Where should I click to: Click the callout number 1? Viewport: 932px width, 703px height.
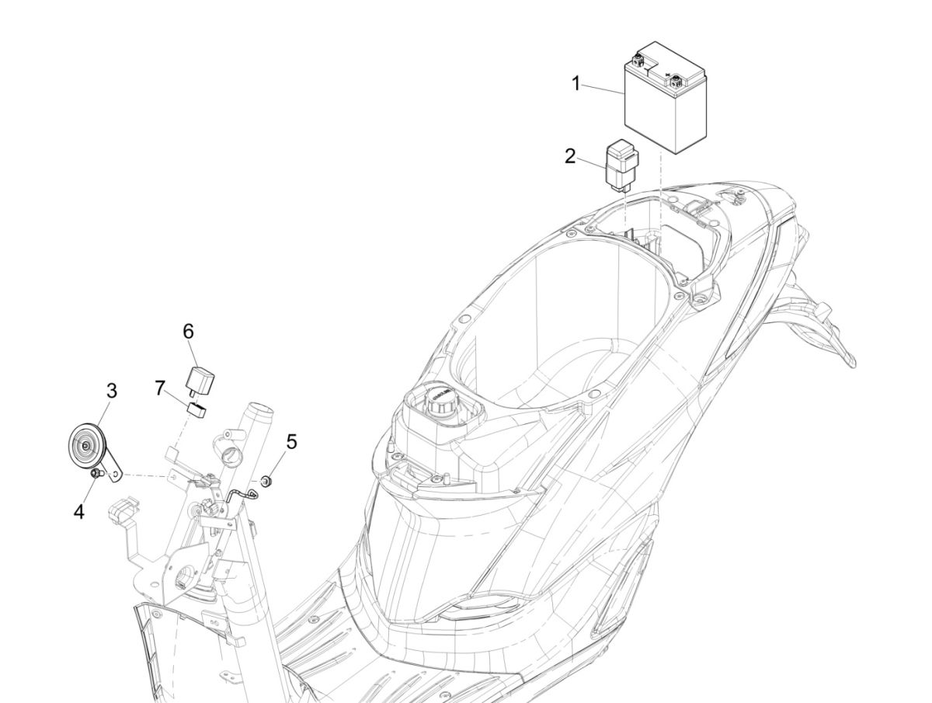(576, 84)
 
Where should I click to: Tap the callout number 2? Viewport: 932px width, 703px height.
(570, 157)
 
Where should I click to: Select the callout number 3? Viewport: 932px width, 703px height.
(111, 391)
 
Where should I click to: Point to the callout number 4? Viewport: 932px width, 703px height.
(79, 512)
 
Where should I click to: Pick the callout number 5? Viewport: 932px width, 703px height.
(291, 442)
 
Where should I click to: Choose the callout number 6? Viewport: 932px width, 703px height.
(188, 331)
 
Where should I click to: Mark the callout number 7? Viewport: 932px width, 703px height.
(160, 388)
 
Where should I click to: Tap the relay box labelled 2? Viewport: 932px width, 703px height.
(622, 166)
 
